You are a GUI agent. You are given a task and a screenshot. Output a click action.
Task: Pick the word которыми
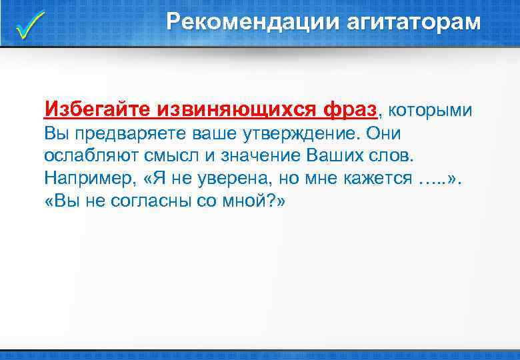(430, 109)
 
